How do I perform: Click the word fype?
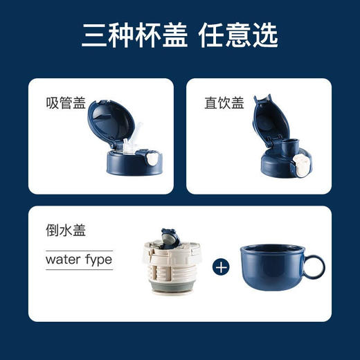[x=97, y=261]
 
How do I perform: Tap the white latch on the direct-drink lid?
[x=300, y=163]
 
